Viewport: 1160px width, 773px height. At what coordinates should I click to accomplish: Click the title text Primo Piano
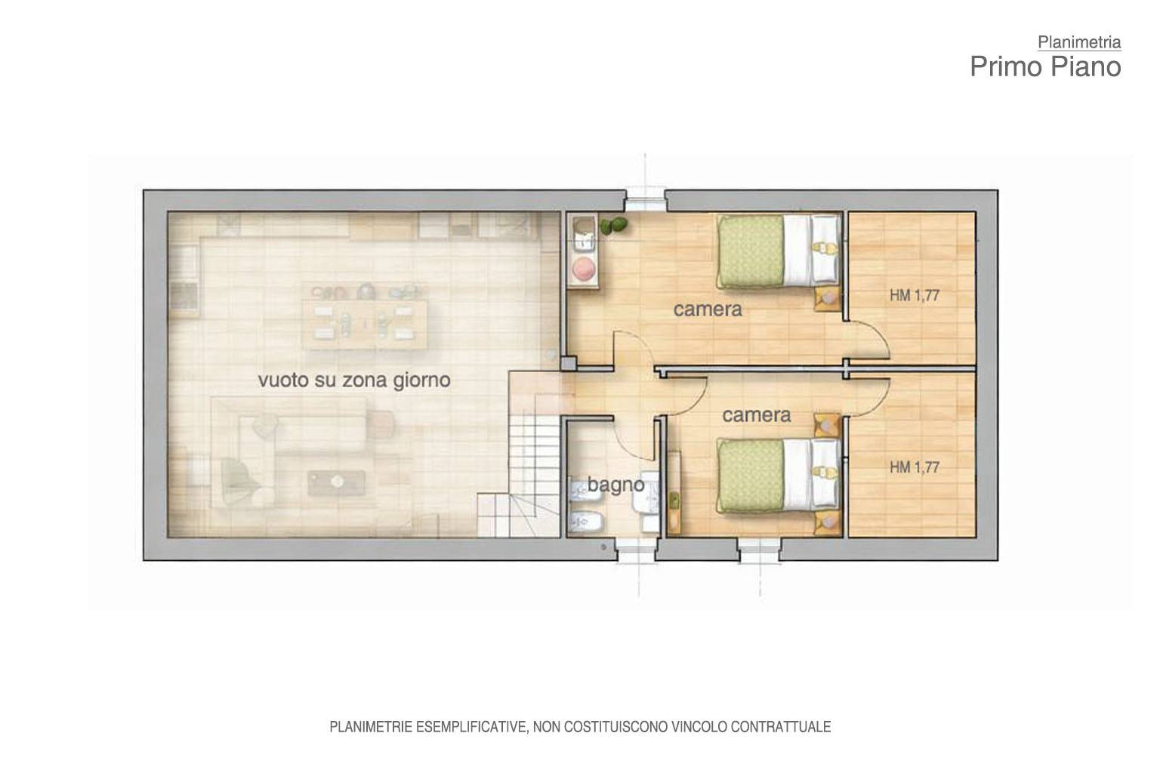pos(1045,66)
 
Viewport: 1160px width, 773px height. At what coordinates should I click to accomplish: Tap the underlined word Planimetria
pos(1079,42)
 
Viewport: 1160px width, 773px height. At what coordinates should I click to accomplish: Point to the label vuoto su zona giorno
pos(354,380)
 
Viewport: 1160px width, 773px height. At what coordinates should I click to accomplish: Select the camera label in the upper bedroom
pos(708,310)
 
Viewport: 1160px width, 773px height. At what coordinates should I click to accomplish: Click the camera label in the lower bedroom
pos(757,415)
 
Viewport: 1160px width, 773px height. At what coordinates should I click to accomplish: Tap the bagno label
pos(615,485)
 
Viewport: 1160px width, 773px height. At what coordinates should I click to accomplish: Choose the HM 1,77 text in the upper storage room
pos(915,296)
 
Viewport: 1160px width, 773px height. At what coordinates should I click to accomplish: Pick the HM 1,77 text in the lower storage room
pos(915,467)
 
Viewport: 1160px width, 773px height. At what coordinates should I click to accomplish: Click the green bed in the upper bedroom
pos(779,251)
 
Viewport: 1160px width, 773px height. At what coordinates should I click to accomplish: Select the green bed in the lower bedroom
pos(779,476)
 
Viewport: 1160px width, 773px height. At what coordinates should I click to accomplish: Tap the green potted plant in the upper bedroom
pos(613,226)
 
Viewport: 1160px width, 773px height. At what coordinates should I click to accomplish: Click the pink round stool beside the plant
pos(584,268)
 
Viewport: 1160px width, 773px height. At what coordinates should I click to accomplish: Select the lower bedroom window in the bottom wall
pos(760,550)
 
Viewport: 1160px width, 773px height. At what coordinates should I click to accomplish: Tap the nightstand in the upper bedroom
pos(828,299)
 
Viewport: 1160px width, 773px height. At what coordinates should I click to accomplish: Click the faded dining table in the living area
pos(365,324)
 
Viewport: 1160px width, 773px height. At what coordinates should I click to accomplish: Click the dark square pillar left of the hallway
pos(569,363)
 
